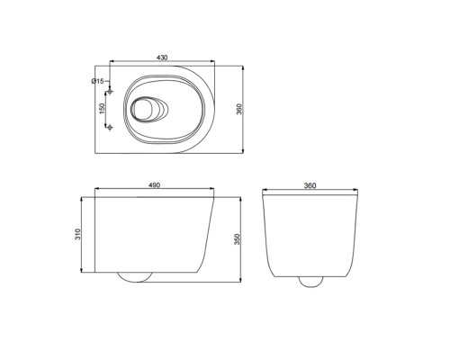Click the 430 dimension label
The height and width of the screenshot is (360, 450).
click(x=162, y=58)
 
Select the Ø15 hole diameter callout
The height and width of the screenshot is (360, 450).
click(x=97, y=81)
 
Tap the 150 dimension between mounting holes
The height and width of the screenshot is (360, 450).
click(x=102, y=108)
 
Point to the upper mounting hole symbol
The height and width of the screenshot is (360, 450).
click(x=110, y=91)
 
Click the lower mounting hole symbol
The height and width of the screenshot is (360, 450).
click(x=110, y=128)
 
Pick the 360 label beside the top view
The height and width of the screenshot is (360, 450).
click(x=239, y=109)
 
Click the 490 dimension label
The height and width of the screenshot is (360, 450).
click(x=155, y=185)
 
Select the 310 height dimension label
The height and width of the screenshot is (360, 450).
click(x=77, y=234)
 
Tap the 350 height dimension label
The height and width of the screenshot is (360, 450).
click(x=238, y=239)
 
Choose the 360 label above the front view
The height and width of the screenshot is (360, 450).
click(x=310, y=185)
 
